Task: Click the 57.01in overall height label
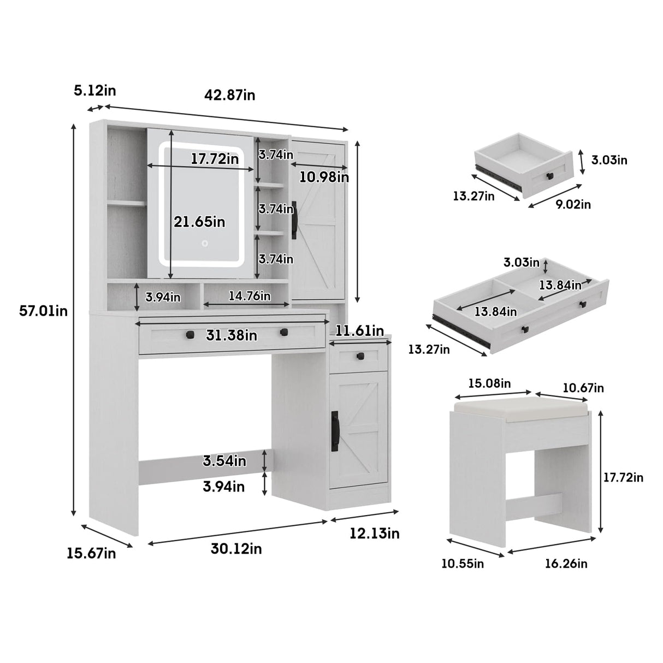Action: pos(44,311)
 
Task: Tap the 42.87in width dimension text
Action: pos(230,95)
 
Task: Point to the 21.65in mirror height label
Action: pos(199,222)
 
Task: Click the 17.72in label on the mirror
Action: pos(215,159)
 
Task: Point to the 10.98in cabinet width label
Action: pos(324,177)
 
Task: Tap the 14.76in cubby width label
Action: pos(249,296)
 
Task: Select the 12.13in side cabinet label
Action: pos(375,533)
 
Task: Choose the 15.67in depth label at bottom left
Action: pos(91,553)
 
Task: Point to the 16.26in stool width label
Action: pos(566,564)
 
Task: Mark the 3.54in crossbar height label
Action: pos(224,461)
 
